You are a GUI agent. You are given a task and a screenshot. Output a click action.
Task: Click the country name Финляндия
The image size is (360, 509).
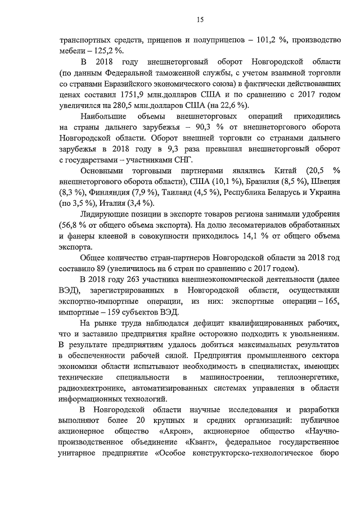(x=102, y=192)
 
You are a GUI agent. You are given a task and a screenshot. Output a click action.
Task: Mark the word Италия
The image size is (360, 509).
(x=111, y=202)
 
